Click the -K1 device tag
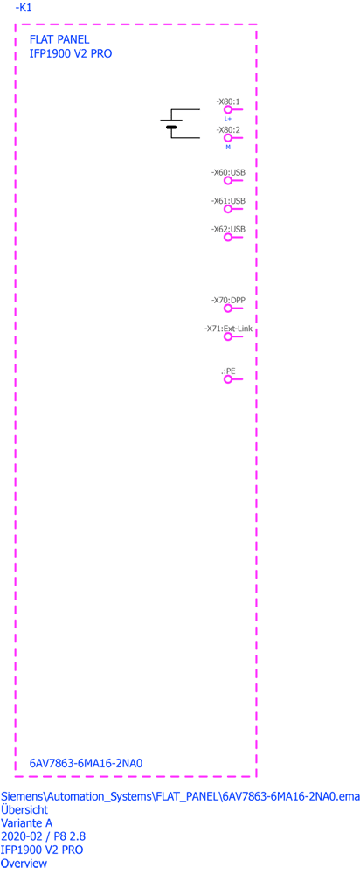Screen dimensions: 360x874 pos(23,9)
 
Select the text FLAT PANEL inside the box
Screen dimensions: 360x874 pos(59,39)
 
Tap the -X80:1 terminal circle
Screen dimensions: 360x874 pos(228,110)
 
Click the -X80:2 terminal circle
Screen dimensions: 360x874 pos(228,138)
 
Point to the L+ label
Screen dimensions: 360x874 pos(228,119)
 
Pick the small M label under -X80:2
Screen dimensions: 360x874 pos(228,147)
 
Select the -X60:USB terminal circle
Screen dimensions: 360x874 pos(228,181)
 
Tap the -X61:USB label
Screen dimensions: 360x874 pos(228,201)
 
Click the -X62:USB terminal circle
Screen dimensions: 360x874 pos(228,237)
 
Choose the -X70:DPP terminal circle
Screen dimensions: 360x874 pos(228,309)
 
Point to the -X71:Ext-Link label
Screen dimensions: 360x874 pos(228,329)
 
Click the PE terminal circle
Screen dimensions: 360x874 pos(228,379)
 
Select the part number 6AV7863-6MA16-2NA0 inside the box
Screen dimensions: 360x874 pos(86,763)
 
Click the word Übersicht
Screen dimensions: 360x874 pos(24,809)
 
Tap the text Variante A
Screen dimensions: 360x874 pos(28,822)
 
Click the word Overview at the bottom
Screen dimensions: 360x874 pos(24,864)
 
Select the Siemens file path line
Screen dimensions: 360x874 pos(181,796)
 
